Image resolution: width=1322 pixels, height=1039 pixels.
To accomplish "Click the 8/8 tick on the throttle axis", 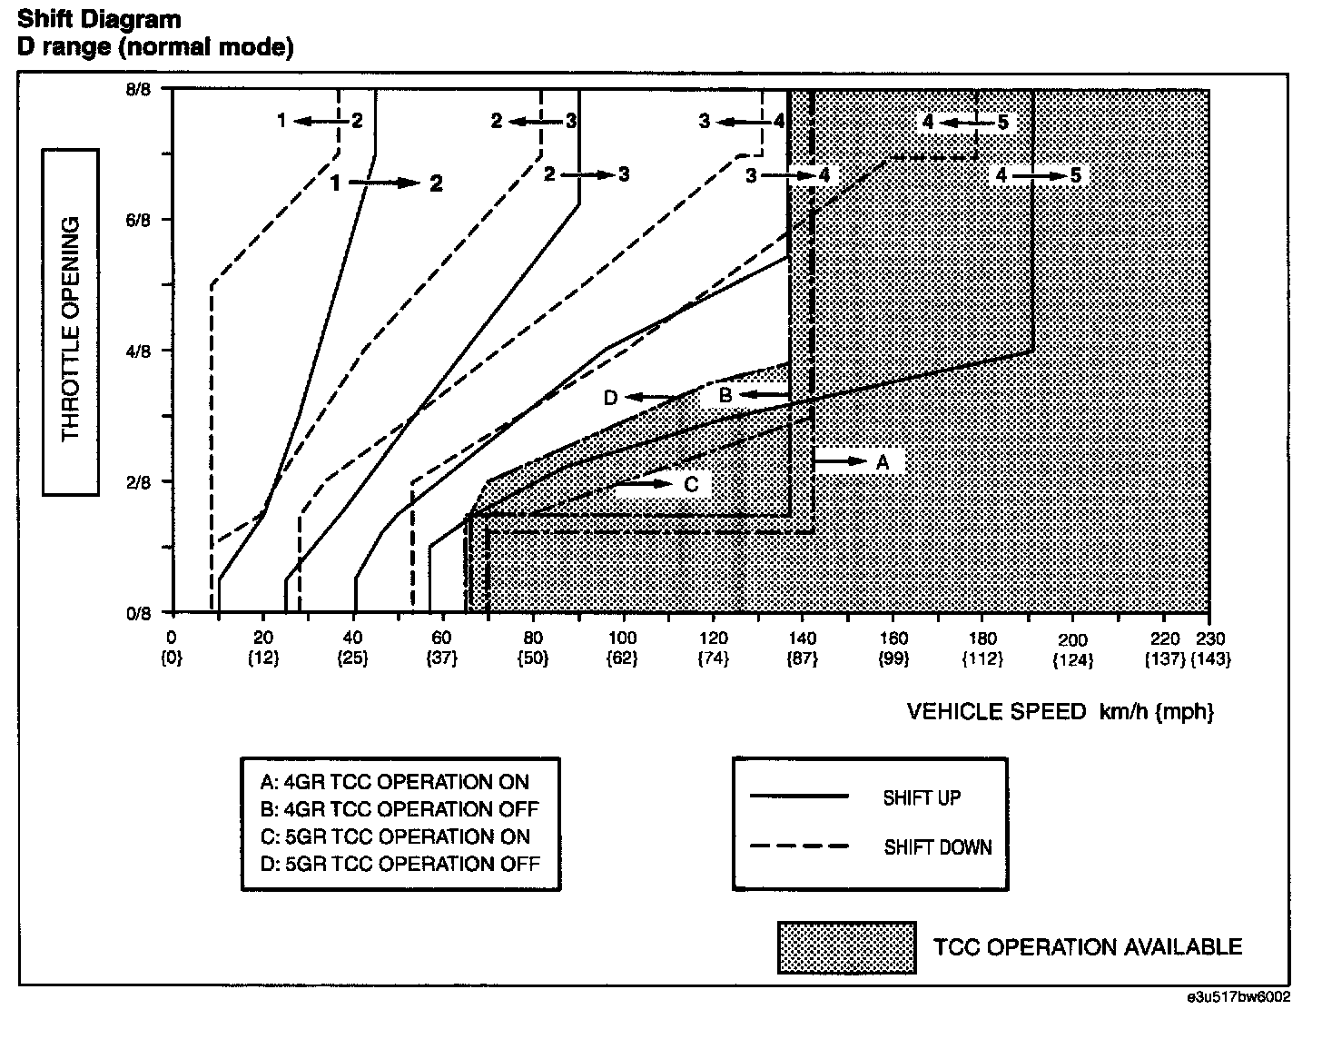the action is [138, 89].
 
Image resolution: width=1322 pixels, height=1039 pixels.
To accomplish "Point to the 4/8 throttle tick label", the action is [138, 351].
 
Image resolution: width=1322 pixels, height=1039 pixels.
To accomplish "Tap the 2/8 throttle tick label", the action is [138, 482].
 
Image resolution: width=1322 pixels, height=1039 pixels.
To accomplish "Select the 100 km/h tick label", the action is [623, 638].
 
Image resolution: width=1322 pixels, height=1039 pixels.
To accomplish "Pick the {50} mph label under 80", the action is [533, 659].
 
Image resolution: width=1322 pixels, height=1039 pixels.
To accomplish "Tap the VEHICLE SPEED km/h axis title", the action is [1060, 711].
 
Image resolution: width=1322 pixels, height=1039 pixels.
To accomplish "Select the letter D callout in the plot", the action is [611, 398].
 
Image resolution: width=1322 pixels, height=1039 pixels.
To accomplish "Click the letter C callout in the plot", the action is [691, 484].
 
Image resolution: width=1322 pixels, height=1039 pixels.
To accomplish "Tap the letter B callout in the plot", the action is [725, 395].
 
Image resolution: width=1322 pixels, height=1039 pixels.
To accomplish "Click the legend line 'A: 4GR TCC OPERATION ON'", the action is [394, 782].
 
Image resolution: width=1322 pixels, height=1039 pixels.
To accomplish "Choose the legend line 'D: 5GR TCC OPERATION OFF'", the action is [400, 863].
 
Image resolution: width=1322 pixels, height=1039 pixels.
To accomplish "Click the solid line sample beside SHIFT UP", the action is [799, 797].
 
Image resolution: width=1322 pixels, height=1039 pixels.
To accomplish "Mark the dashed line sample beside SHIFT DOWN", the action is [799, 846].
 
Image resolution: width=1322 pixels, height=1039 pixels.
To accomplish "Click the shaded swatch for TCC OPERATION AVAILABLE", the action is [846, 947].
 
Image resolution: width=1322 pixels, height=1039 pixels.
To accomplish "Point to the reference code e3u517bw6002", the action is [1238, 996].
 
